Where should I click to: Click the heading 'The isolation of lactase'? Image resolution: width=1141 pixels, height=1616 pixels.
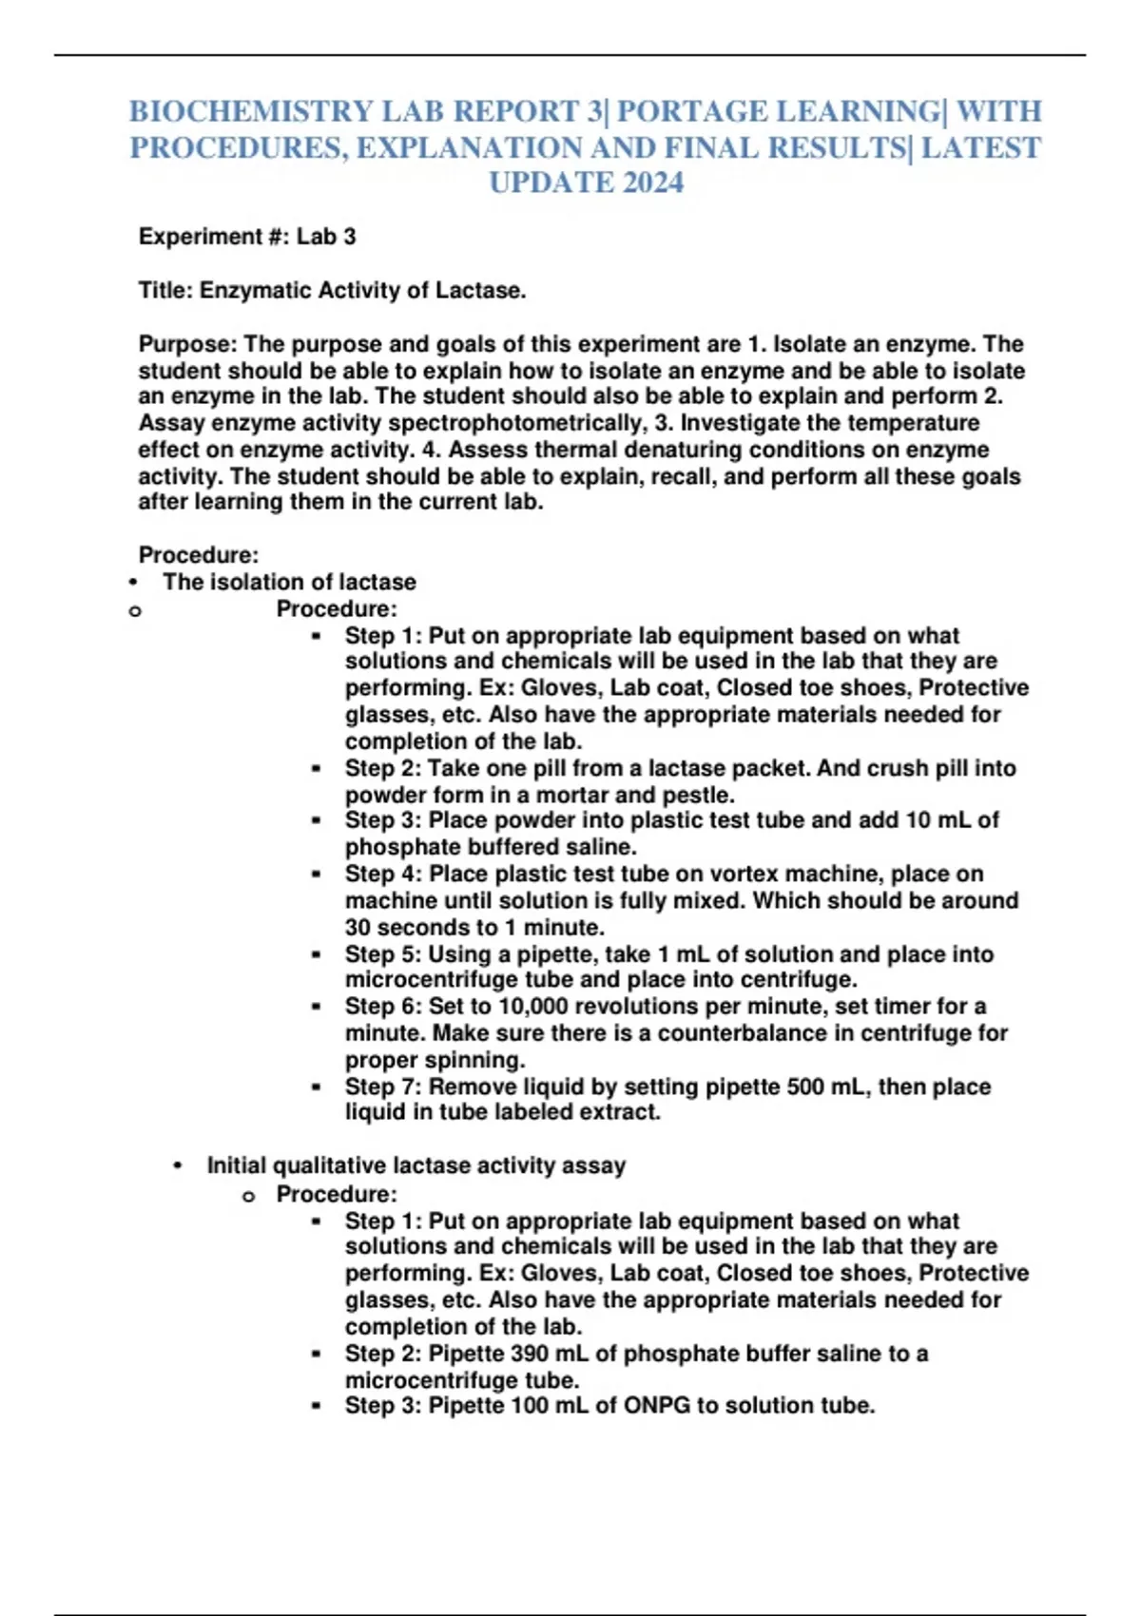(x=289, y=582)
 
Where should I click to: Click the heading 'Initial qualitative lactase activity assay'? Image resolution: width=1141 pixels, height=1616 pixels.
(x=416, y=1165)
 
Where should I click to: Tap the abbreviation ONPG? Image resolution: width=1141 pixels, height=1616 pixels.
(x=656, y=1406)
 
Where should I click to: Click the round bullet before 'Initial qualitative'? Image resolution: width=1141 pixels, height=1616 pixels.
(x=178, y=1166)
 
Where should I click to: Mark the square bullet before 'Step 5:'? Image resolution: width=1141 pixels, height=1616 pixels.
(x=316, y=954)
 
